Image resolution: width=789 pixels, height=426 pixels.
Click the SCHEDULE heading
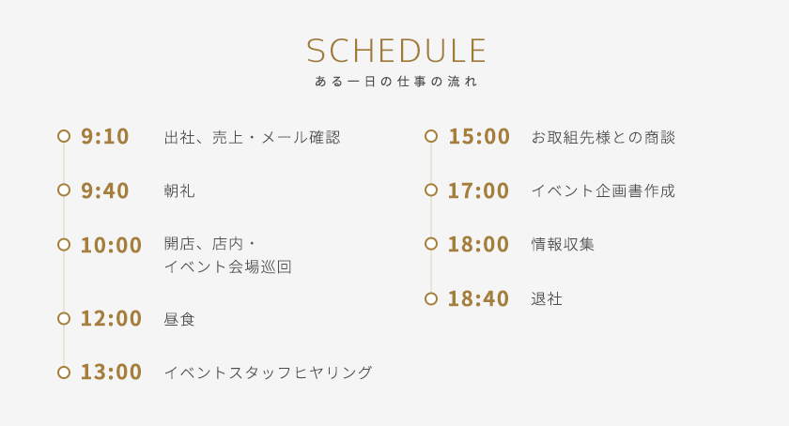tap(396, 51)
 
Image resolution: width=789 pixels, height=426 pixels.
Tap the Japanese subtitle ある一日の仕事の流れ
tap(396, 82)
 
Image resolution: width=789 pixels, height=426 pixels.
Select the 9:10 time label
tap(104, 136)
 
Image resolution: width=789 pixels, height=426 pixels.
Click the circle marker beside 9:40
tap(64, 190)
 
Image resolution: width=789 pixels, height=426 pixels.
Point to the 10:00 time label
tap(111, 245)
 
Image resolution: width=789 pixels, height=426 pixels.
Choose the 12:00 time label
tap(111, 318)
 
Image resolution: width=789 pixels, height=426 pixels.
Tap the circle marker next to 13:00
tap(64, 373)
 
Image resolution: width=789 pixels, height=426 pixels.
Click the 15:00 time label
tap(478, 136)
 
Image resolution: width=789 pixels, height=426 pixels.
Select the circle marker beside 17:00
tap(431, 190)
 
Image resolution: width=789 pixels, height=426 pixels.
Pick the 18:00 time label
tap(478, 244)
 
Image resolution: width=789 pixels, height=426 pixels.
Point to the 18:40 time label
tap(478, 298)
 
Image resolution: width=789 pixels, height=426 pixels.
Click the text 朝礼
tap(179, 191)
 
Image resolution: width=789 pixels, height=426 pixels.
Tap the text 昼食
tap(179, 319)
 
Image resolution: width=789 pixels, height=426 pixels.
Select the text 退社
tap(547, 299)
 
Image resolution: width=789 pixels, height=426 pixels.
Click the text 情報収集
tap(563, 245)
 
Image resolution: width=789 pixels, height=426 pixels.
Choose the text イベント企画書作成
tap(603, 191)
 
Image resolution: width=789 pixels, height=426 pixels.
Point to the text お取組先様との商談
tap(603, 137)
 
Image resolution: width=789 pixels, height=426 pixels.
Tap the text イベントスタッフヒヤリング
tap(268, 373)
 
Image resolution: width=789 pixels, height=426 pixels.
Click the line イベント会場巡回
tap(227, 266)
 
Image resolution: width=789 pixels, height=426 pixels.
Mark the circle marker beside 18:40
tap(431, 298)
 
